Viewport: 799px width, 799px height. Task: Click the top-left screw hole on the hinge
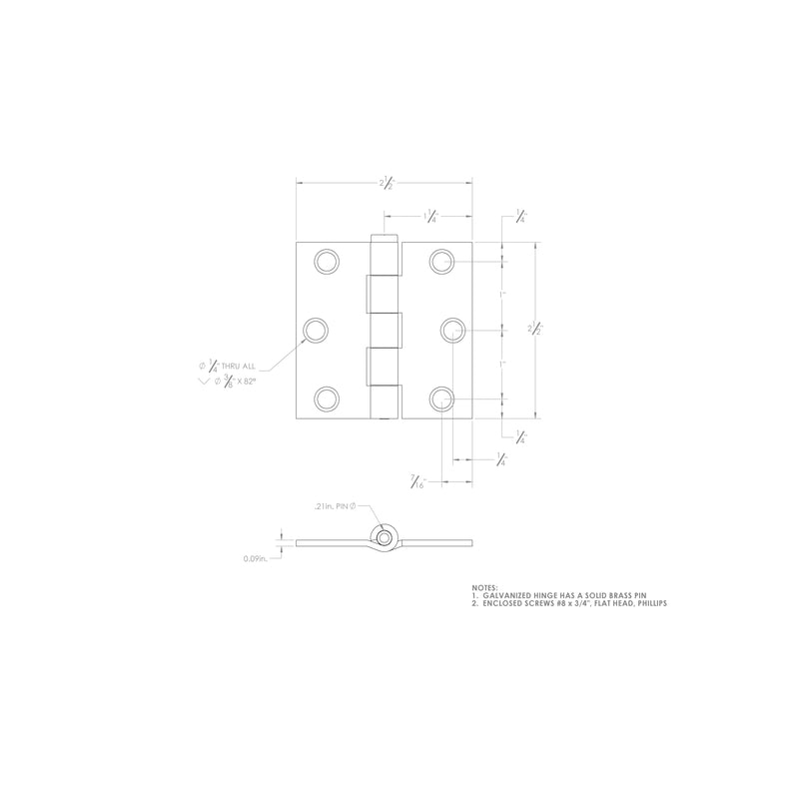click(x=326, y=262)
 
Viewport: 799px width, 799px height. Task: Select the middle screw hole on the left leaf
click(x=317, y=331)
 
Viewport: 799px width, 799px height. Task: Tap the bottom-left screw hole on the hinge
click(x=326, y=399)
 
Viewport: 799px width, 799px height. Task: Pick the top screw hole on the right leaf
click(x=442, y=262)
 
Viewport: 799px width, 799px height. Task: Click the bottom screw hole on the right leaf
click(x=442, y=399)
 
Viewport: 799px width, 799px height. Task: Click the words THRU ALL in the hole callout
click(x=244, y=367)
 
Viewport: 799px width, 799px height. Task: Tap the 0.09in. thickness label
click(x=255, y=559)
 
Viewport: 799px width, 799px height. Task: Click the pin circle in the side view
click(x=383, y=537)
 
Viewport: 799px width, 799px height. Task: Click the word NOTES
click(x=484, y=588)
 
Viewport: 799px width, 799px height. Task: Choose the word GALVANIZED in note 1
click(x=509, y=596)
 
